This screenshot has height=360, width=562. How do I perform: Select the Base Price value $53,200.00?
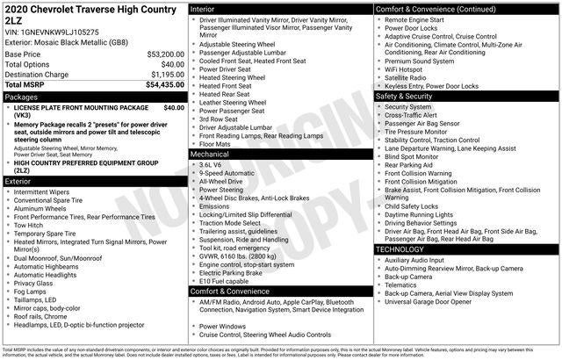click(165, 54)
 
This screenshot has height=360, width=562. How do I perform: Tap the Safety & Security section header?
click(412, 96)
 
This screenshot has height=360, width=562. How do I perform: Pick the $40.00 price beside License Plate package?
click(173, 107)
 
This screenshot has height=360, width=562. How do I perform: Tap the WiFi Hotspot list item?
click(409, 68)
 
